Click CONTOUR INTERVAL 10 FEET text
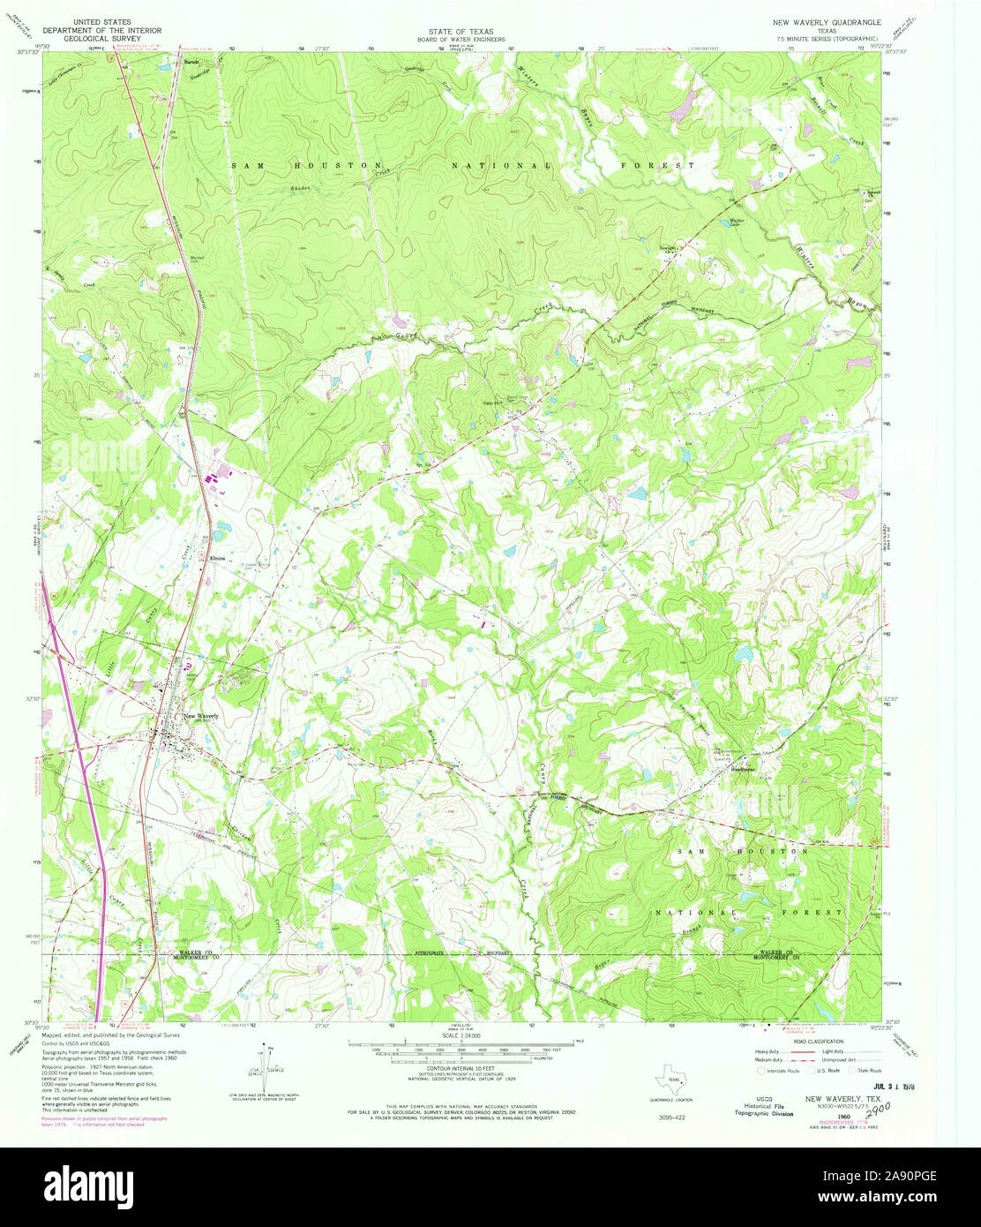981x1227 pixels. point(461,1069)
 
